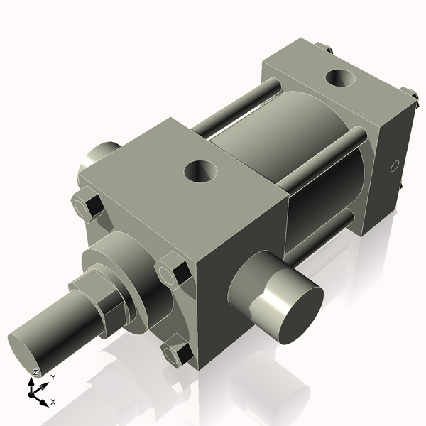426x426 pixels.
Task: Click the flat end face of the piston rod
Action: click(27, 351)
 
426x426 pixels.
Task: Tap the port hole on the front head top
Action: click(199, 170)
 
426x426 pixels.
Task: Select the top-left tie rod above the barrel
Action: click(234, 110)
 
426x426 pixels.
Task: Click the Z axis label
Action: click(35, 373)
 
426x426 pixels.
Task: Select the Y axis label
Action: click(53, 378)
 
